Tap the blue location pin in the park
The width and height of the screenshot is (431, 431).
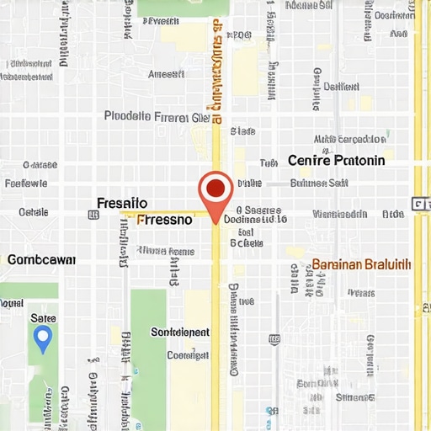[43, 338]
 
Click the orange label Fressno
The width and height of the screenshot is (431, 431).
[165, 221]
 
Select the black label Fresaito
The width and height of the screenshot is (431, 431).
[122, 203]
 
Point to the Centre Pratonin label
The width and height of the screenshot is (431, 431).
[336, 160]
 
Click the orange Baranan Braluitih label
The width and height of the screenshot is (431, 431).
[361, 264]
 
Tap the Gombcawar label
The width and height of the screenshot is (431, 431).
[41, 260]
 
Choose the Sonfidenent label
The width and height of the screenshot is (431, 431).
[179, 333]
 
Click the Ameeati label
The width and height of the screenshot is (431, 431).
[166, 74]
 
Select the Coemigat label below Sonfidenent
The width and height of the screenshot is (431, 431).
[188, 355]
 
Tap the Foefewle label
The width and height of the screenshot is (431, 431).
[26, 183]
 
